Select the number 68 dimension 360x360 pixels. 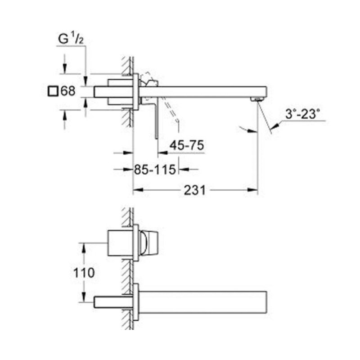click(67, 91)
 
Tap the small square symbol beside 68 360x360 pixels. click(53, 91)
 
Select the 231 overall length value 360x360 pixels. click(194, 190)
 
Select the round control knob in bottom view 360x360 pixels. click(148, 243)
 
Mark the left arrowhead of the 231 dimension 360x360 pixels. click(135, 190)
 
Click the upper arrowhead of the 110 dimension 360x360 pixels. click(83, 246)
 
